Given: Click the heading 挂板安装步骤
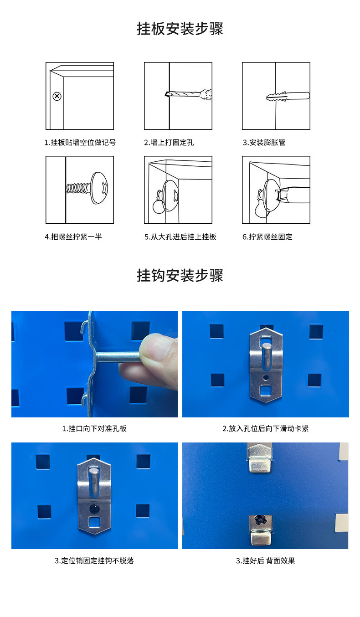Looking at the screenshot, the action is pyautogui.click(x=180, y=29).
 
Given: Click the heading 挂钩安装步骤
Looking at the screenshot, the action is pyautogui.click(x=180, y=275).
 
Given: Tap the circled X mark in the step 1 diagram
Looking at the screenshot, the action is pyautogui.click(x=57, y=97).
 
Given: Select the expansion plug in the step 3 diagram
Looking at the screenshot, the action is pyautogui.click(x=288, y=96).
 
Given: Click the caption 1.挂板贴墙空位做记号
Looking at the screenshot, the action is pyautogui.click(x=80, y=143).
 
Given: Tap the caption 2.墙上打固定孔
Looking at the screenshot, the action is pyautogui.click(x=169, y=143).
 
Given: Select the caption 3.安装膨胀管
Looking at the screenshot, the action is pyautogui.click(x=264, y=143).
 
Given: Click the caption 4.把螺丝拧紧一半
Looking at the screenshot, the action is pyautogui.click(x=73, y=237).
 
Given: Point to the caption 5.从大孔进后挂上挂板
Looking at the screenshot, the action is pyautogui.click(x=180, y=237).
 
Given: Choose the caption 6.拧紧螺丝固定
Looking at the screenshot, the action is pyautogui.click(x=267, y=237).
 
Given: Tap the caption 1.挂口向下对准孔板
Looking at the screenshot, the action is pyautogui.click(x=94, y=428).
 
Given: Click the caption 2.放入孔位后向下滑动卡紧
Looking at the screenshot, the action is pyautogui.click(x=266, y=428).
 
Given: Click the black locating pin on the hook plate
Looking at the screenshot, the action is pyautogui.click(x=95, y=508).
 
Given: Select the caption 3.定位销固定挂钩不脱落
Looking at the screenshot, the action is pyautogui.click(x=94, y=560).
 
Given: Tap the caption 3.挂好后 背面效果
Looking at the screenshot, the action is pyautogui.click(x=266, y=560).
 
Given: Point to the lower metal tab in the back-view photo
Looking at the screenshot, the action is pyautogui.click(x=261, y=531).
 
